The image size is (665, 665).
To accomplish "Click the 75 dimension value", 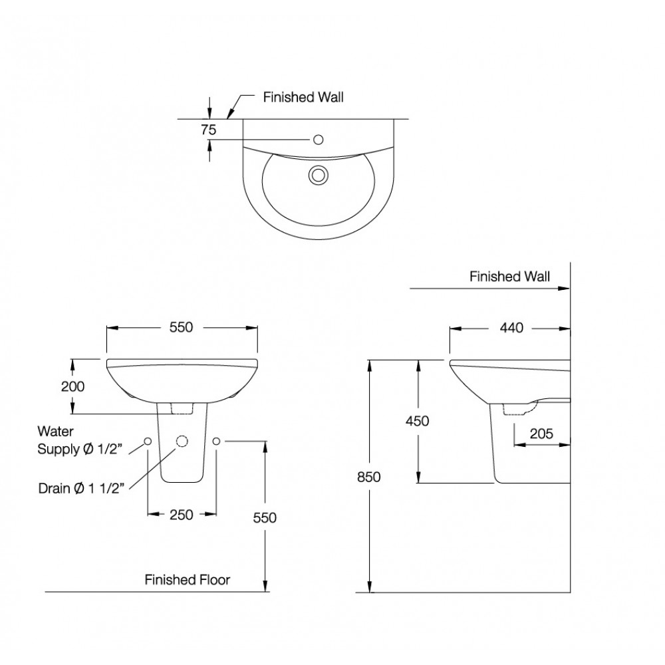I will (209, 130).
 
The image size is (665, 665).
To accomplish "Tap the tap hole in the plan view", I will (318, 140).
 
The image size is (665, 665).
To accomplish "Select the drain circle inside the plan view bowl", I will (318, 175).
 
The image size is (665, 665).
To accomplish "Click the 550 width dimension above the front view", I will (181, 327).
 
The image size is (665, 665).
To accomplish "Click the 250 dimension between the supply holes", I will (181, 514).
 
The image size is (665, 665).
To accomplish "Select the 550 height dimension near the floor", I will (265, 517).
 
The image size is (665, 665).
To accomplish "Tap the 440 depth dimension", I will (513, 327).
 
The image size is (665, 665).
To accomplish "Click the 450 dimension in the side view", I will (417, 420).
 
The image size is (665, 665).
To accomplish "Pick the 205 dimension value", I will (542, 433).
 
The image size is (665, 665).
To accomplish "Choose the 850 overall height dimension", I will (370, 476).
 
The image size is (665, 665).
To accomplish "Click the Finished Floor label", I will (188, 580).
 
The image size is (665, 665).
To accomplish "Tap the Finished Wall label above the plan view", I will (303, 97).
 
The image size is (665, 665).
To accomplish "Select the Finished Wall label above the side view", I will (509, 277).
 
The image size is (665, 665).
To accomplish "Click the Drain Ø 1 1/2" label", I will (82, 489).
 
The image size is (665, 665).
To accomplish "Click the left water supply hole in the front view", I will (148, 442).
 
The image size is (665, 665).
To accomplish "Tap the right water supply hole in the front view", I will (216, 441).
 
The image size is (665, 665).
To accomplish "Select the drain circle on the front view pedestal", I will (182, 442).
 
